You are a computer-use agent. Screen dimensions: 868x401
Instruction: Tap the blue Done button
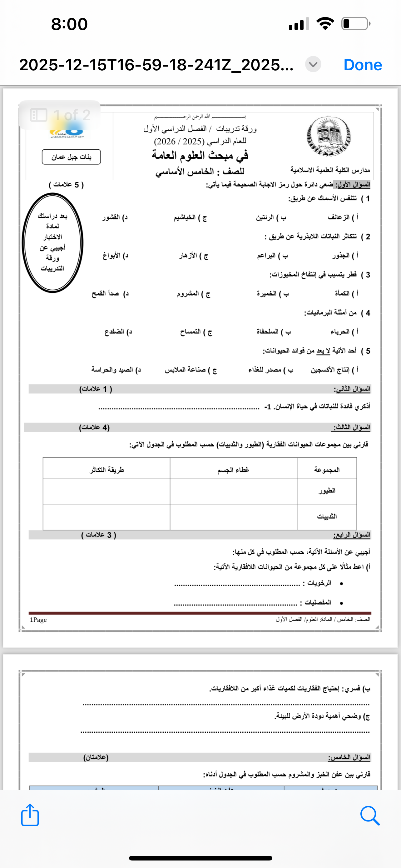point(363,65)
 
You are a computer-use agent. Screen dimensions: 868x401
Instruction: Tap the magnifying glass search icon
point(370,816)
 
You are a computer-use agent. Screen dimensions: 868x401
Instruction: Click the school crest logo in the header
point(328,136)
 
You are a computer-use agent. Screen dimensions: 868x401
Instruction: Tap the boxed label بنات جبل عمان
point(72,157)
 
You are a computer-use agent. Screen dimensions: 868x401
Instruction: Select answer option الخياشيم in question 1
point(190,218)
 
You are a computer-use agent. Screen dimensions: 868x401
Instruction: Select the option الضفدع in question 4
point(118,332)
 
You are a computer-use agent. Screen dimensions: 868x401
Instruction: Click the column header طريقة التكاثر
point(107,470)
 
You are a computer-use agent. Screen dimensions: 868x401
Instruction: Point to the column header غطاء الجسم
point(233,470)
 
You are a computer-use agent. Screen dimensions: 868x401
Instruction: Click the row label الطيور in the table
point(327,491)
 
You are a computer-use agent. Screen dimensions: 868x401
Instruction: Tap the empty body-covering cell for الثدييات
point(233,516)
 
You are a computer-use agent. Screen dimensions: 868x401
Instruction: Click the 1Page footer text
point(38,620)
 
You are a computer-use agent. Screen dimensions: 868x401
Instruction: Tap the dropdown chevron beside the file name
point(313,64)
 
